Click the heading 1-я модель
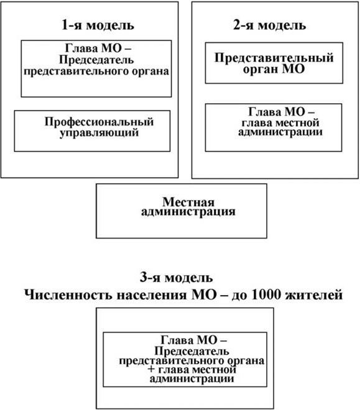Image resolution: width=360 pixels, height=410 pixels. point(98,26)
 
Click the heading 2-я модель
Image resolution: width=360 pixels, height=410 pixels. point(269,26)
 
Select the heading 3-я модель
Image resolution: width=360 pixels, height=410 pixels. point(181,277)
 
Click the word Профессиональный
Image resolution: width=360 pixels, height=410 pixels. point(98,122)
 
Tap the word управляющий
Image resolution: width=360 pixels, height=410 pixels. point(98,132)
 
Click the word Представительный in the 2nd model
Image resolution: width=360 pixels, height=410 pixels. point(274,58)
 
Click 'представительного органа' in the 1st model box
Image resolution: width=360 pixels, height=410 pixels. point(96,71)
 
